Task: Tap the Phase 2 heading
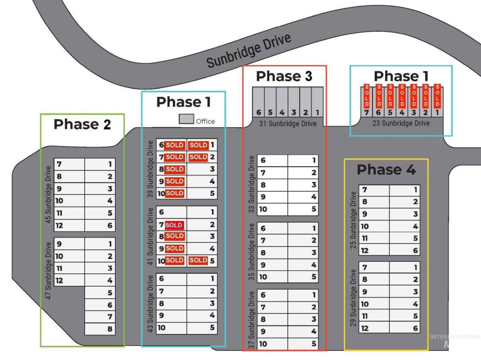(x=83, y=124)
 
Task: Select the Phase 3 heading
(x=284, y=76)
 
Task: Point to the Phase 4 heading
(x=386, y=170)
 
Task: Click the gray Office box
(x=186, y=119)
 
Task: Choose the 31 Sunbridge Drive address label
(x=288, y=123)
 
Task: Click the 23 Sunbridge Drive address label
(x=401, y=123)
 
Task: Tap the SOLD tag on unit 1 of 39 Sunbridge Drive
(x=198, y=145)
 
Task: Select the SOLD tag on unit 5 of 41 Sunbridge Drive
(x=198, y=260)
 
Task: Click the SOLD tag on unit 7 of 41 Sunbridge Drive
(x=174, y=225)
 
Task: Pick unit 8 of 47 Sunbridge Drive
(x=100, y=329)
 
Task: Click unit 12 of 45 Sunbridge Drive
(x=69, y=225)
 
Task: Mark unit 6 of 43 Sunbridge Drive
(x=172, y=279)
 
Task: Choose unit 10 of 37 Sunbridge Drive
(x=273, y=344)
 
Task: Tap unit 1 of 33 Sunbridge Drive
(x=303, y=161)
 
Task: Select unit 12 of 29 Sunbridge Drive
(x=374, y=328)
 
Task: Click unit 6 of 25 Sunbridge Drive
(x=404, y=251)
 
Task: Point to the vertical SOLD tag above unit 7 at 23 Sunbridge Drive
(x=367, y=96)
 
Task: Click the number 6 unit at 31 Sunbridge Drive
(x=259, y=102)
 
